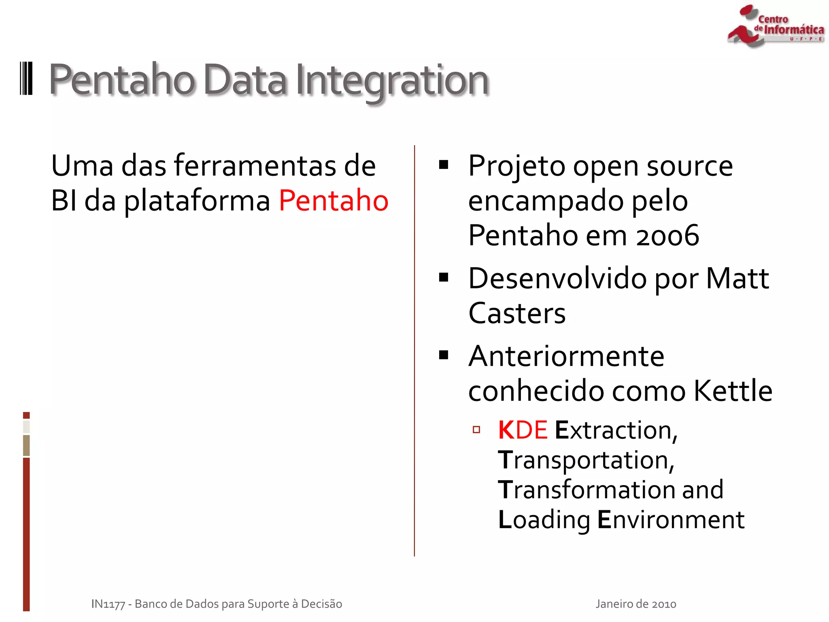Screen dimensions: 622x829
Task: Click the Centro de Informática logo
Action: click(x=775, y=26)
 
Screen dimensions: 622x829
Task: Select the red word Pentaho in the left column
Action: click(x=334, y=200)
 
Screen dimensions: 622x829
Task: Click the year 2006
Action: click(x=667, y=236)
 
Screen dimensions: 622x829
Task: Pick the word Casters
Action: click(x=517, y=313)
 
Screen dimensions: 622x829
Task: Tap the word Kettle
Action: click(x=733, y=391)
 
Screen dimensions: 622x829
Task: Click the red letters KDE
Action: click(x=523, y=430)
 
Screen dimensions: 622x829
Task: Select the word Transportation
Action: click(x=586, y=460)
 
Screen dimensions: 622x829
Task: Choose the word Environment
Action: click(x=671, y=520)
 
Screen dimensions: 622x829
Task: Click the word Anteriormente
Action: click(x=566, y=356)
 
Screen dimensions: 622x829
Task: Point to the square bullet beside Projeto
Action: click(x=444, y=165)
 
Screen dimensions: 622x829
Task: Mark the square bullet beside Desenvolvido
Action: click(x=444, y=277)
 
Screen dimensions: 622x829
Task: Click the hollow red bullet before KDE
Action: click(x=476, y=430)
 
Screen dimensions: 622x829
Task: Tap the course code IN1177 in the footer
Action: click(x=108, y=604)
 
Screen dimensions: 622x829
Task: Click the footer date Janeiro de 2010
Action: click(x=636, y=604)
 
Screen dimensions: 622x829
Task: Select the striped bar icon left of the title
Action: click(x=26, y=79)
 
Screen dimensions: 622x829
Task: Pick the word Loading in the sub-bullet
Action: click(x=544, y=520)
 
